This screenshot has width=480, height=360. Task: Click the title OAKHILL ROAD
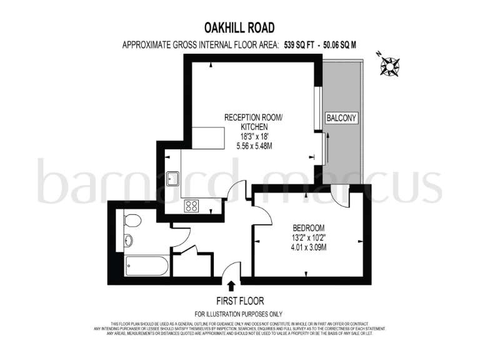click(239, 27)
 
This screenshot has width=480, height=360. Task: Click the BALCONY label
click(341, 117)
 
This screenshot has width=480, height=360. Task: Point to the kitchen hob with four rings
click(192, 206)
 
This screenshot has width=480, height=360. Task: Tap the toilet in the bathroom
click(131, 221)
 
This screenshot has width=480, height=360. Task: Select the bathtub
click(146, 266)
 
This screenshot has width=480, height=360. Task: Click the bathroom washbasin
click(128, 240)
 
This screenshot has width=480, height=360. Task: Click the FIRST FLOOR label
click(239, 301)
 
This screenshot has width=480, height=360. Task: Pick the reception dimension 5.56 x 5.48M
click(254, 146)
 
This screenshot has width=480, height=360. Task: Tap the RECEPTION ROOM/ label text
click(254, 117)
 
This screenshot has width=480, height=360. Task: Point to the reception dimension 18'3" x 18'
click(254, 136)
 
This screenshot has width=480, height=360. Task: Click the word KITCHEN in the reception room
click(254, 126)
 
